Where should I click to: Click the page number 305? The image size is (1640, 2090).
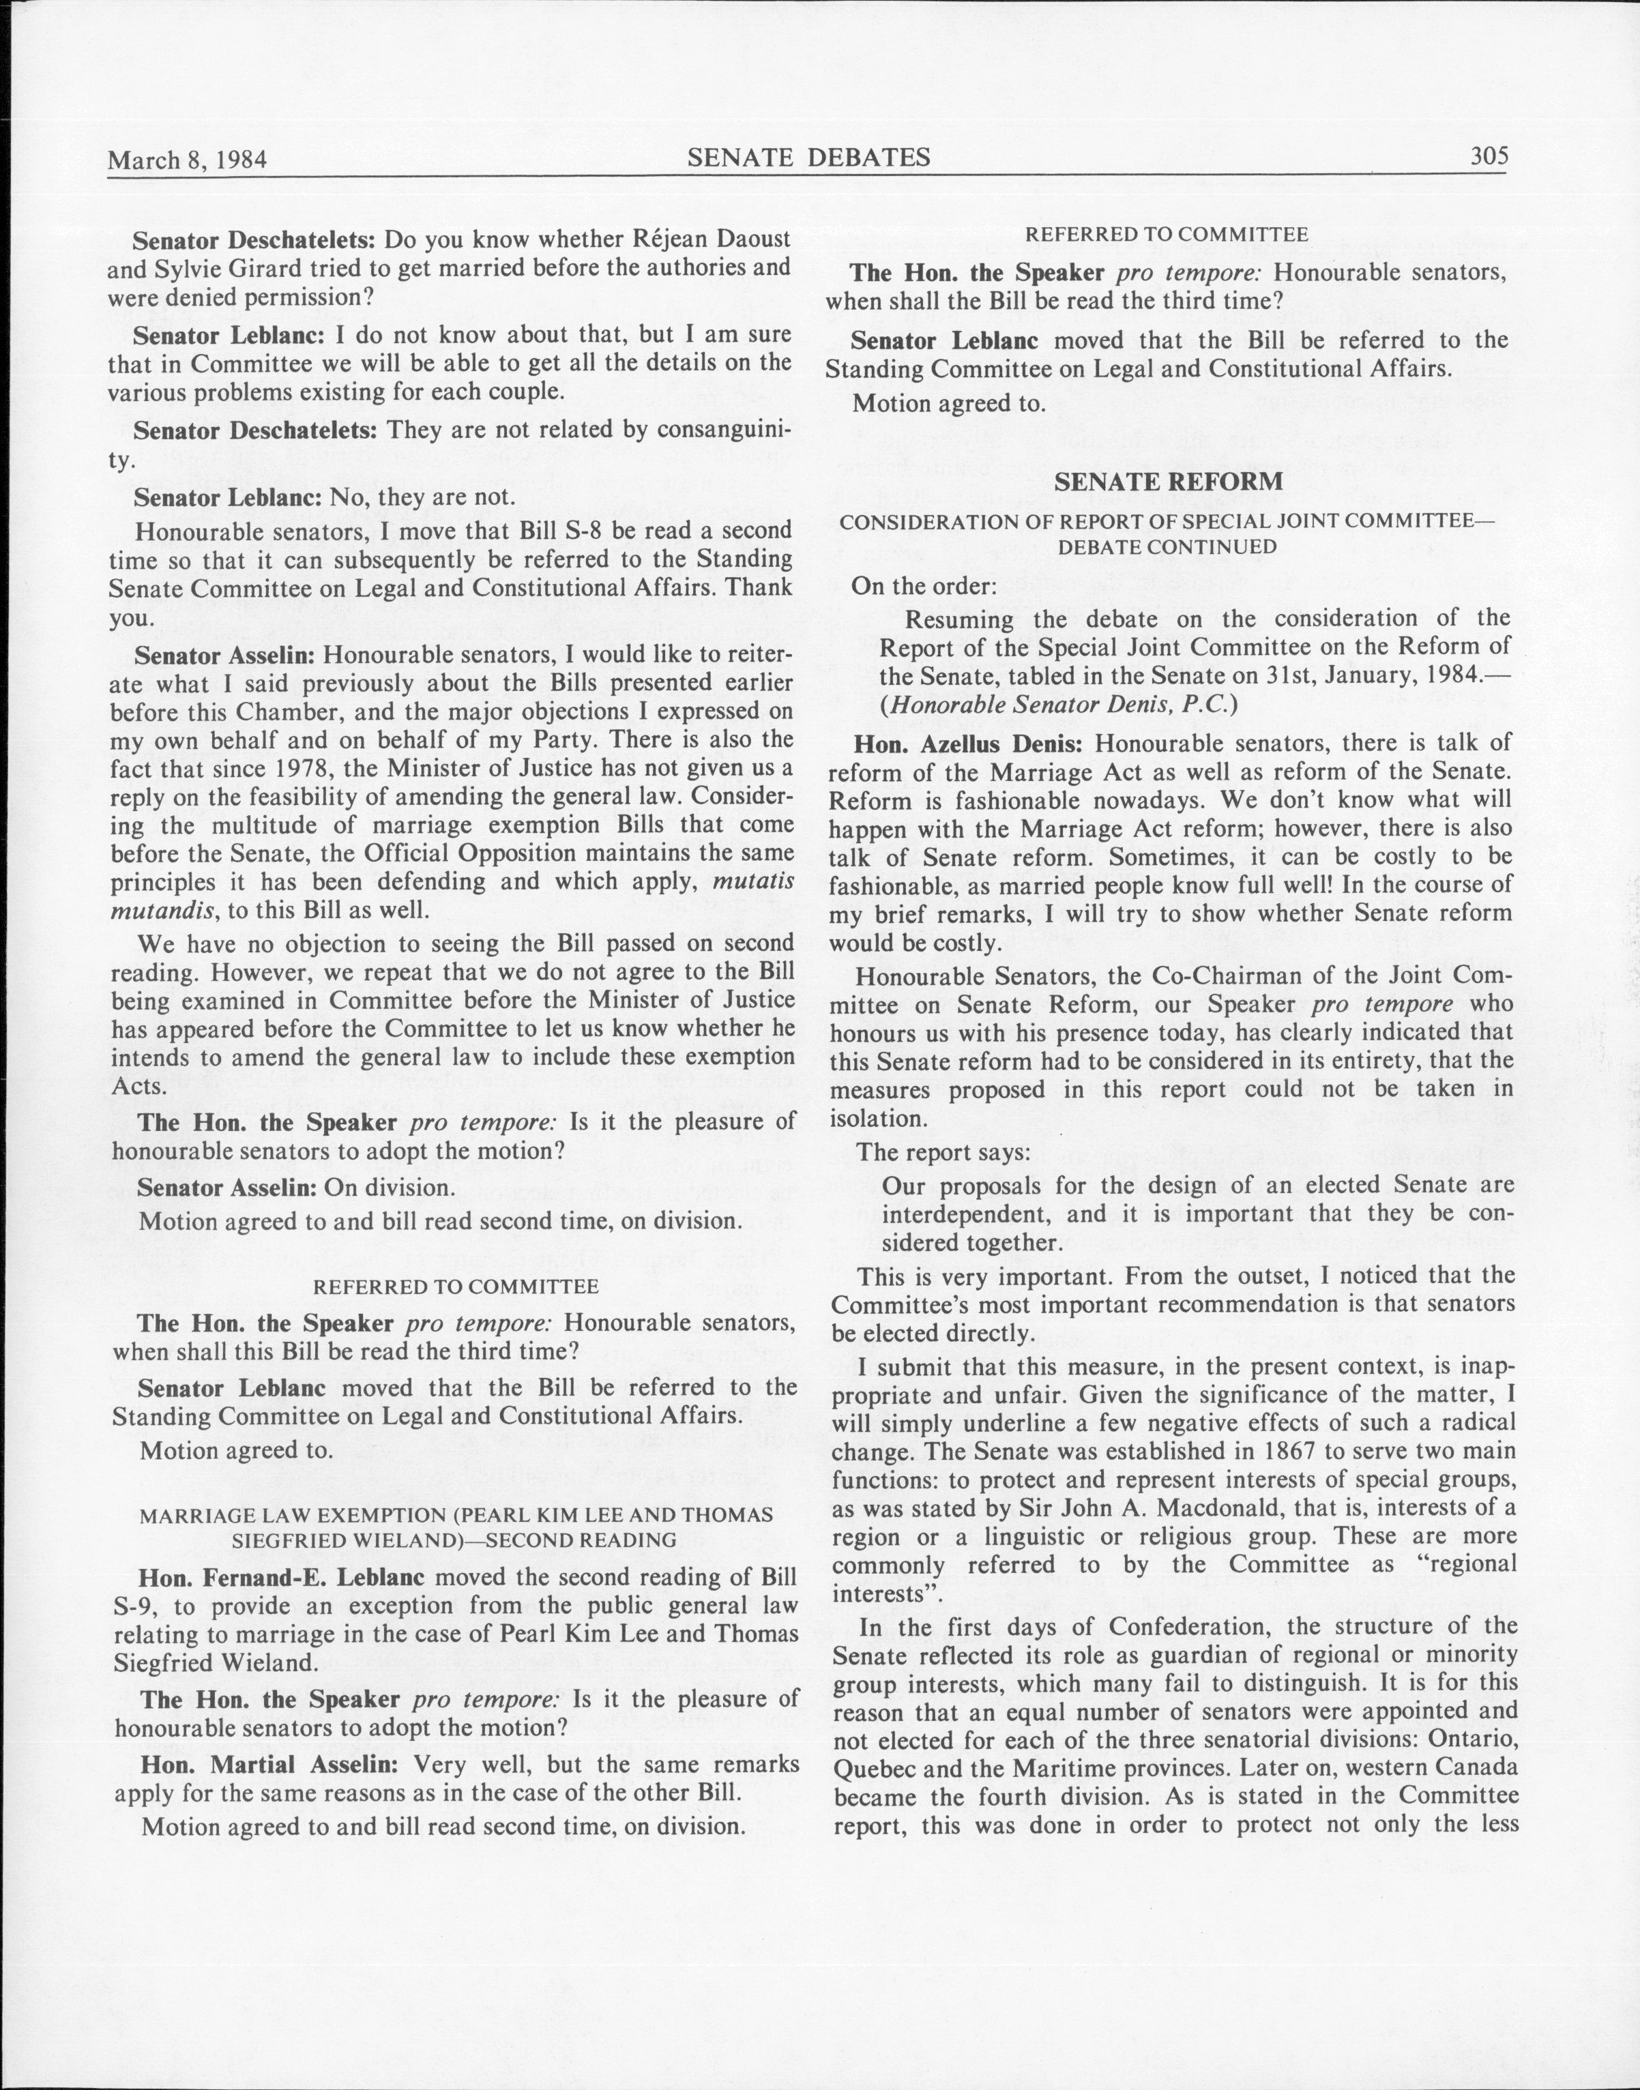[1489, 156]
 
